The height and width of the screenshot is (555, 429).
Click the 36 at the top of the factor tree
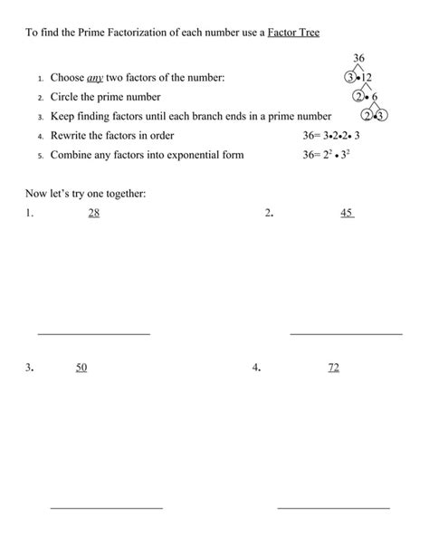click(358, 58)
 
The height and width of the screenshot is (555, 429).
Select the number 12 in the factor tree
click(367, 78)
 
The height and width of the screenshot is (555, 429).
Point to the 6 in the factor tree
click(375, 97)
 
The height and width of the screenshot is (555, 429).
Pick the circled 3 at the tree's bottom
click(381, 116)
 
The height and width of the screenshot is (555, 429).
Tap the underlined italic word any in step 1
click(94, 79)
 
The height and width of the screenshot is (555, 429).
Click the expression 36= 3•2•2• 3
click(333, 136)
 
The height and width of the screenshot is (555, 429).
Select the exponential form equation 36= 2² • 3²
click(333, 155)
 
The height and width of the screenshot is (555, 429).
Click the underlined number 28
click(94, 213)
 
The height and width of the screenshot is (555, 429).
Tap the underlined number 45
click(347, 213)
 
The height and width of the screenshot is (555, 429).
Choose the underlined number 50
click(81, 368)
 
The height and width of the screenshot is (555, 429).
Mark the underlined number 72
click(333, 368)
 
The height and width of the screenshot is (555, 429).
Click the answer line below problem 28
click(93, 333)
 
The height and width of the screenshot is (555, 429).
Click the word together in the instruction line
click(125, 194)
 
